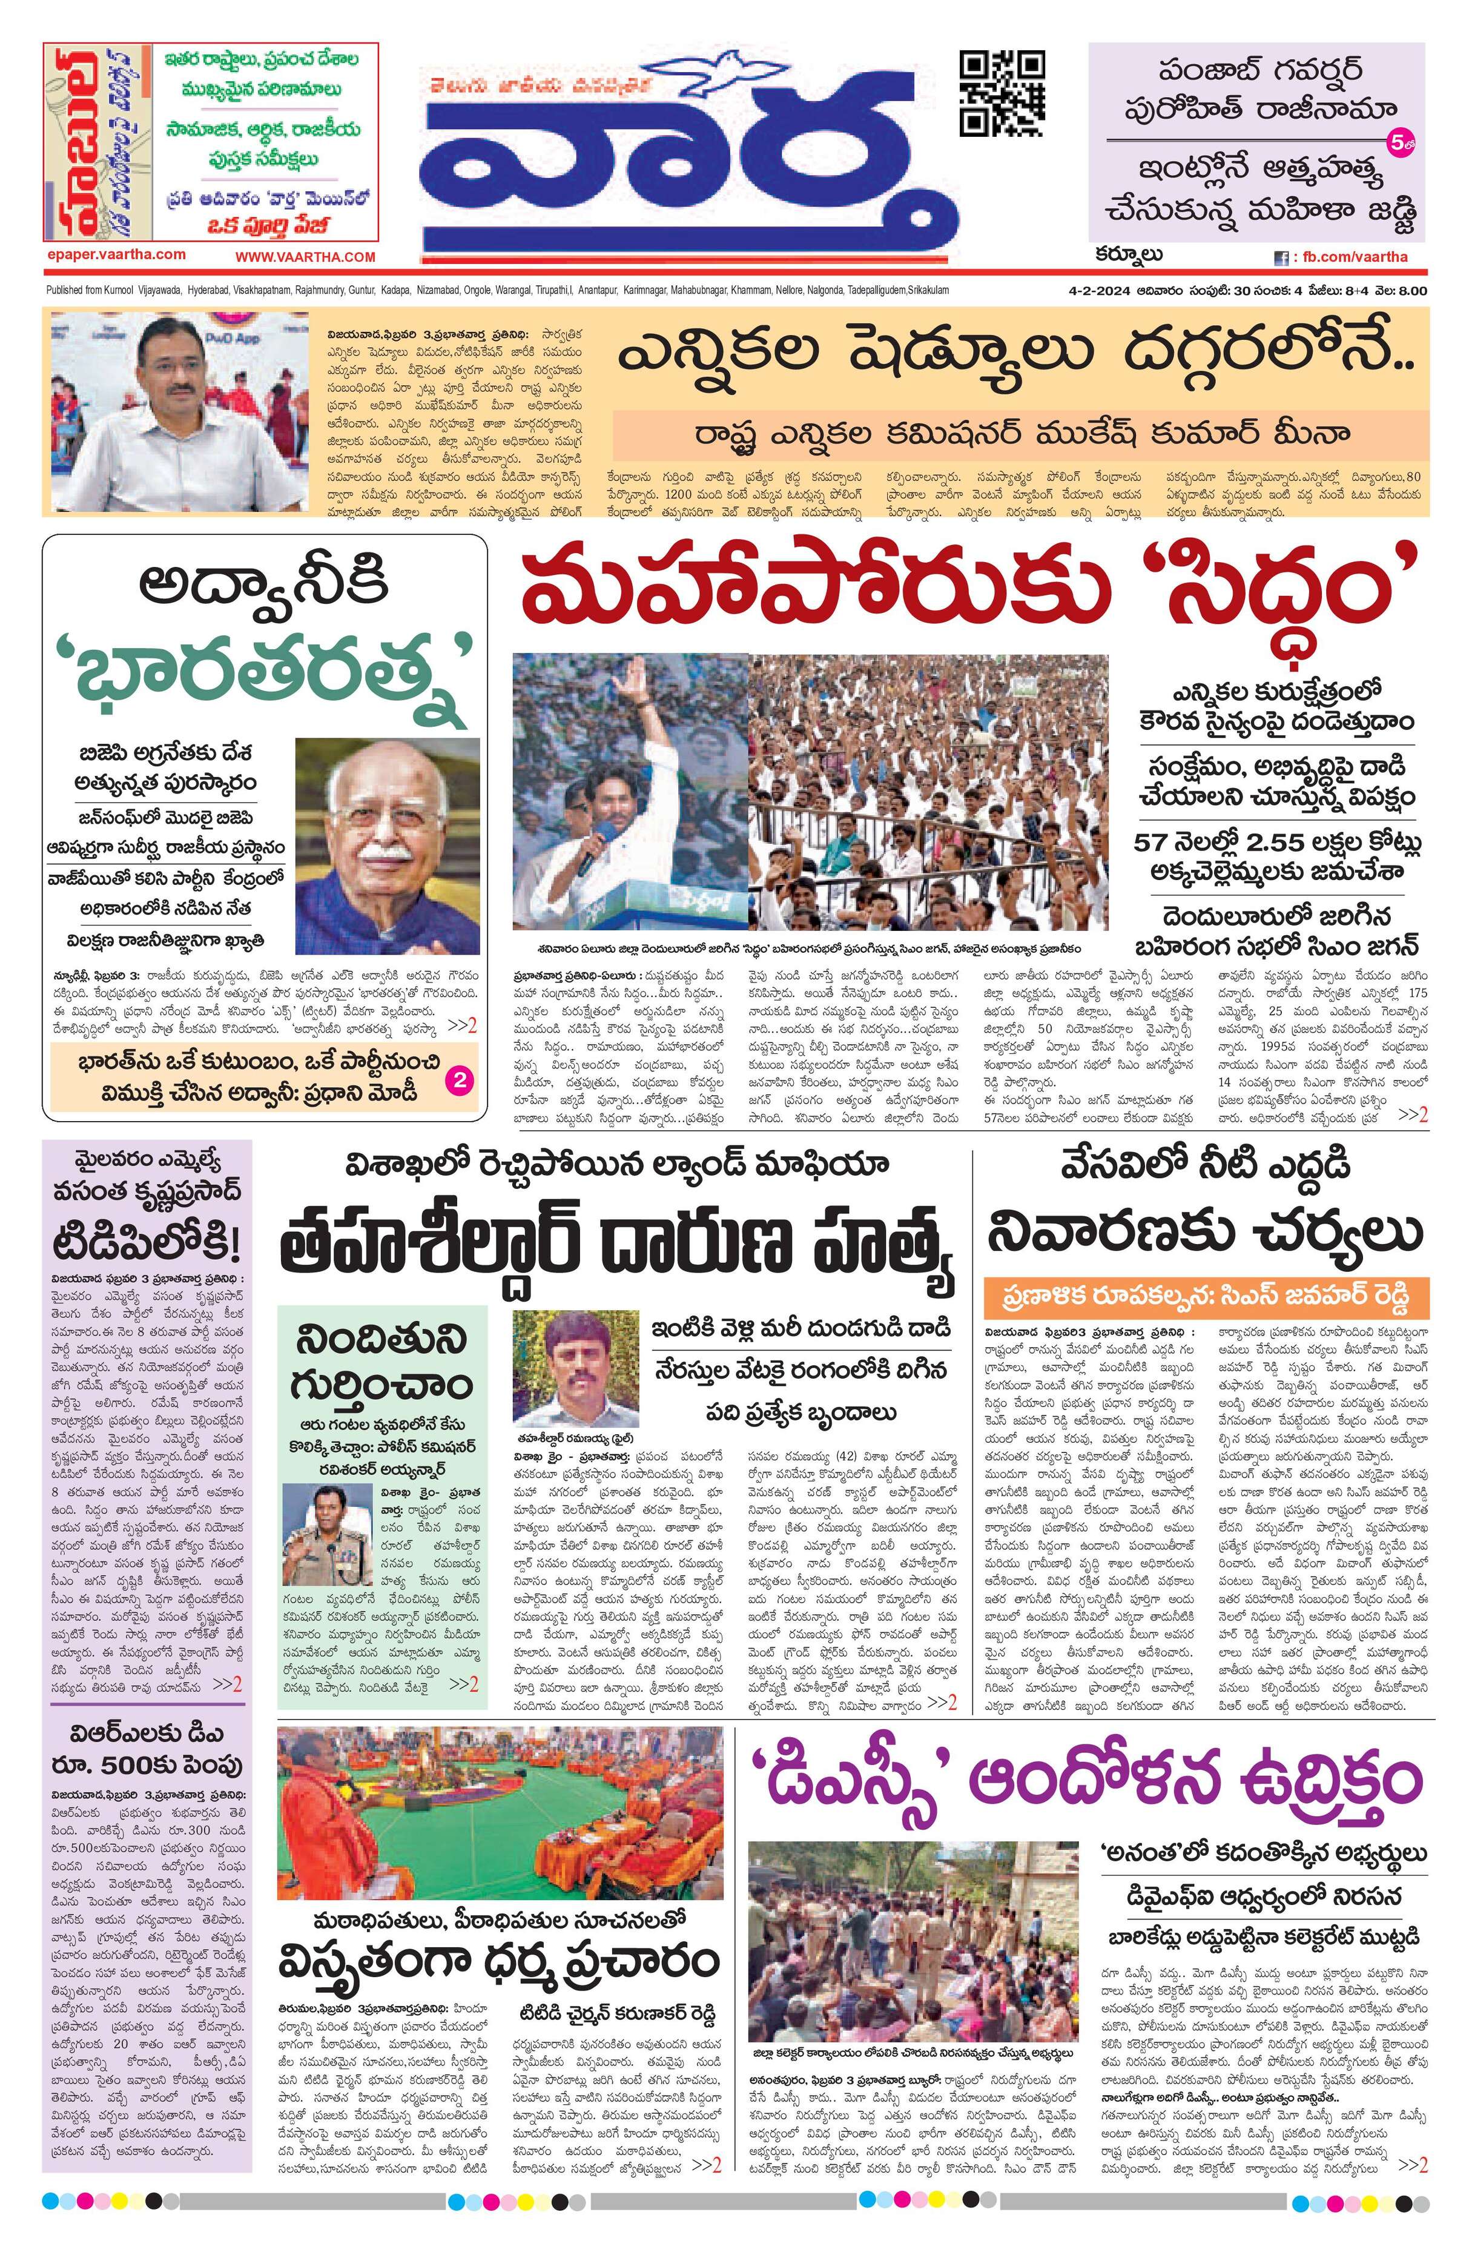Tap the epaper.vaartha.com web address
point(116,254)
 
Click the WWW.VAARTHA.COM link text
point(305,257)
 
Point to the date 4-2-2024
point(1089,291)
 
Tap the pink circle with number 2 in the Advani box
point(458,1078)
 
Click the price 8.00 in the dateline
point(1410,291)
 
